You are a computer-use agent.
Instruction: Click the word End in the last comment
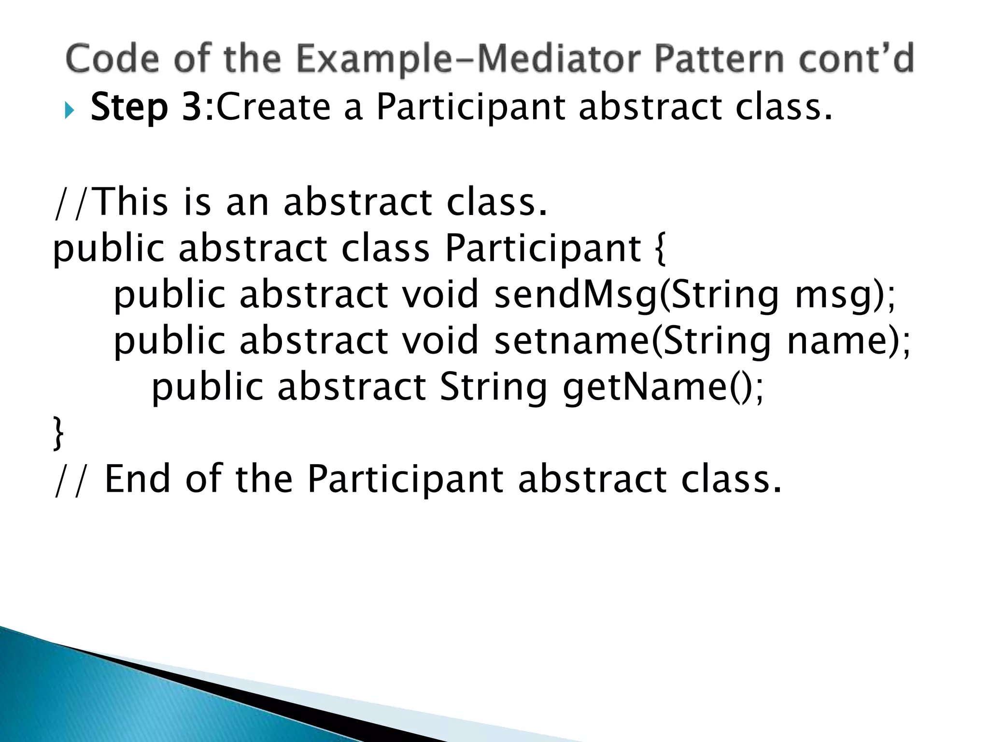click(138, 479)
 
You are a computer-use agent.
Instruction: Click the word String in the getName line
click(494, 387)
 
